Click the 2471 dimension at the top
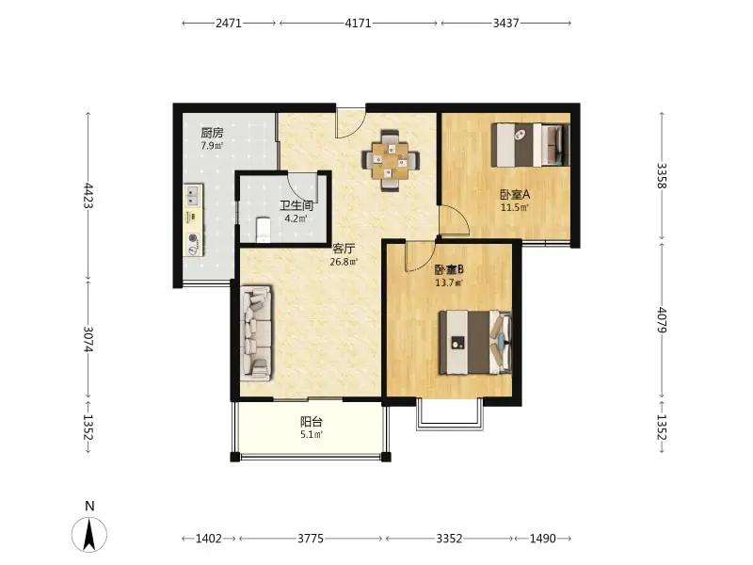pos(229,23)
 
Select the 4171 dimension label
pos(359,23)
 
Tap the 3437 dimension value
pos(506,23)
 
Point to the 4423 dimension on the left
pos(88,195)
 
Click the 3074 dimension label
pos(88,339)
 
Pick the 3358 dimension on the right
pos(662,176)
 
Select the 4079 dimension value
pos(662,320)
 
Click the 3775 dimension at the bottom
pos(311,539)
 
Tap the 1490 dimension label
pos(543,539)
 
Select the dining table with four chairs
pos(391,160)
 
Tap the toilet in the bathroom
pos(263,229)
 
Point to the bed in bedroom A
pos(530,145)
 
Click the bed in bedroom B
pos(475,342)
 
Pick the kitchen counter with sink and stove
pos(193,220)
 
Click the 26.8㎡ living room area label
pos(344,263)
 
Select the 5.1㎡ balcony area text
pos(312,435)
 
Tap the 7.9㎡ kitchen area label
pos(212,146)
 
